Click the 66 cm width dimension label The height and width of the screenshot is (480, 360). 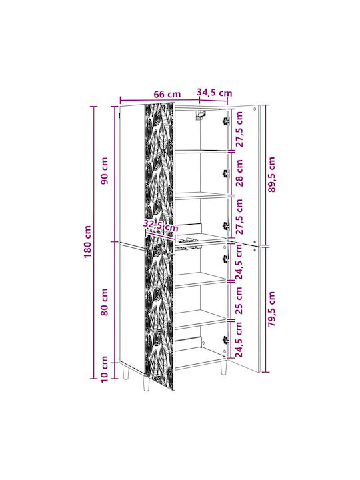(x=167, y=94)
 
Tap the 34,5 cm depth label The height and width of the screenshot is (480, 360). (x=214, y=93)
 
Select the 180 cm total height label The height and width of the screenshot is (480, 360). (x=88, y=242)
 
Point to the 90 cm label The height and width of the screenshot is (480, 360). (x=105, y=171)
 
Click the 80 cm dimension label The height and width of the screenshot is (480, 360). (x=105, y=302)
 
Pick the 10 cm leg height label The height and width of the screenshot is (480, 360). (x=105, y=369)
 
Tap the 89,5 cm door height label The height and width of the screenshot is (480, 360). (x=271, y=175)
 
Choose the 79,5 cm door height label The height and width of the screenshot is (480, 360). (x=271, y=309)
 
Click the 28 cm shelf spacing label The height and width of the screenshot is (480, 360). (x=239, y=173)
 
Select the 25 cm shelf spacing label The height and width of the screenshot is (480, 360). (x=239, y=300)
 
